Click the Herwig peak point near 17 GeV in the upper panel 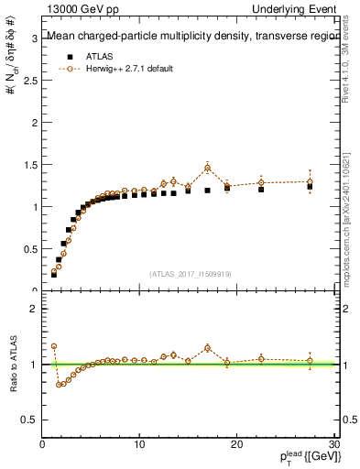pos(208,167)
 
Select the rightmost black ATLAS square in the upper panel pos(310,186)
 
